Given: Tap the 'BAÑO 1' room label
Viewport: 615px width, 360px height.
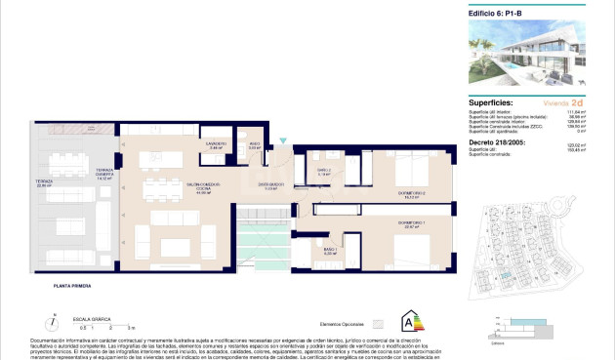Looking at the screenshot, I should tap(329, 252).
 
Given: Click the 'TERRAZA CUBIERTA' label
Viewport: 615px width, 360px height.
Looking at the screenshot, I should tap(104, 175).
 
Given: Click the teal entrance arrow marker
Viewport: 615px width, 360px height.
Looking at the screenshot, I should tap(283, 141).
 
